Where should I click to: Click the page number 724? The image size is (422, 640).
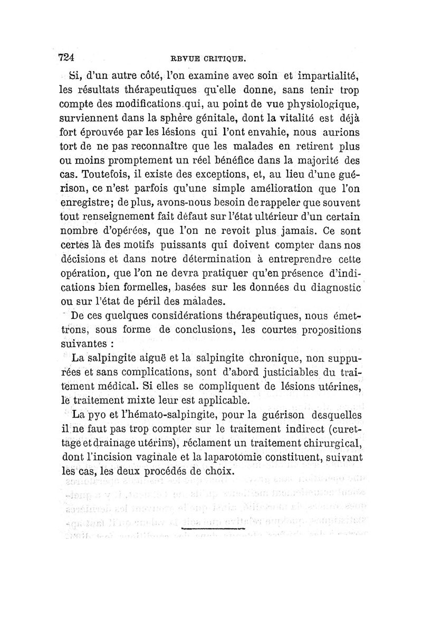tap(68, 57)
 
